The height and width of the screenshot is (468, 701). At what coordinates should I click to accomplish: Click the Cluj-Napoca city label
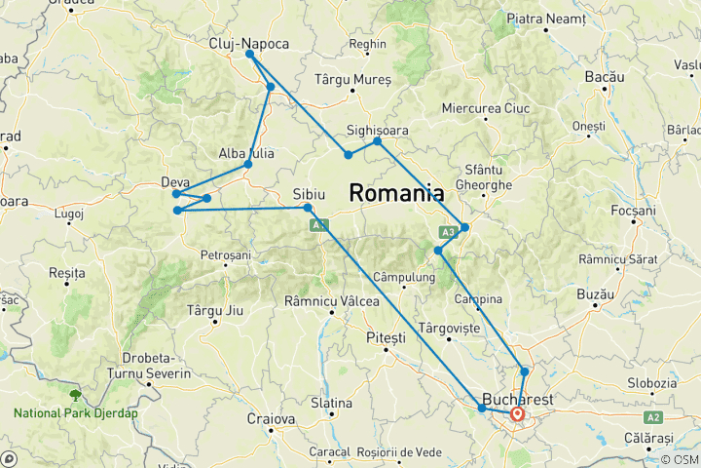248,43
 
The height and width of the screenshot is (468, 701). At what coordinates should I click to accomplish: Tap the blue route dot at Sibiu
308,208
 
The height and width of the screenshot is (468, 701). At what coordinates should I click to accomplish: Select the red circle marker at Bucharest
517,414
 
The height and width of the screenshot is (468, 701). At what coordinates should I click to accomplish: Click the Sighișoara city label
377,130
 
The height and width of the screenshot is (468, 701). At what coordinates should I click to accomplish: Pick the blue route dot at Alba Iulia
248,164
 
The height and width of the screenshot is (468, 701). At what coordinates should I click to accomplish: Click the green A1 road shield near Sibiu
318,225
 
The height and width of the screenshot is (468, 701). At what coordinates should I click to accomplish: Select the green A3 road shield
448,232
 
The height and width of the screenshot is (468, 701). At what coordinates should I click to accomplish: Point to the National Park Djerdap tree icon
74,395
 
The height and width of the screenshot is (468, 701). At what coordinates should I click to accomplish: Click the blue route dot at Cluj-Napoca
250,55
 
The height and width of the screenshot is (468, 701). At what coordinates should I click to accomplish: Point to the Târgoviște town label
450,329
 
